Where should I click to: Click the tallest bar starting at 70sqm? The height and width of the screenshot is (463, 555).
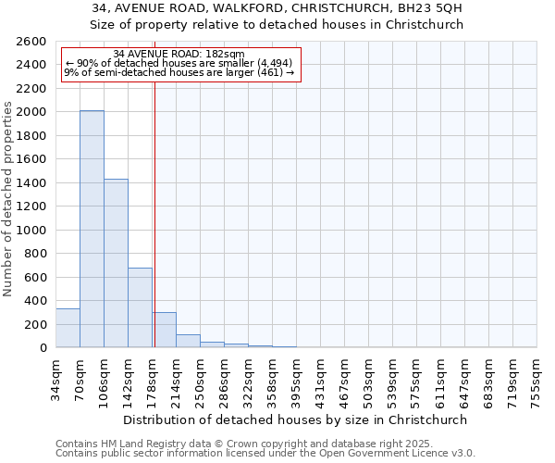click(x=92, y=229)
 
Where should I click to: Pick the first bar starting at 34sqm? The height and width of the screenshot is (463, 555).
click(x=68, y=328)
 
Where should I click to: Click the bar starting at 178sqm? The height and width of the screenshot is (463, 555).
click(x=165, y=330)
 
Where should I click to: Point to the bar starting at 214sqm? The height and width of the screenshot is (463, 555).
click(x=188, y=341)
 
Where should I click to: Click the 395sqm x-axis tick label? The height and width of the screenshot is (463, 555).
click(x=296, y=377)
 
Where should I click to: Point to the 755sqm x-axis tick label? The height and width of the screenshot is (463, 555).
click(x=536, y=377)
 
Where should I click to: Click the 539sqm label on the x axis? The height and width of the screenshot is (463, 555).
click(x=392, y=377)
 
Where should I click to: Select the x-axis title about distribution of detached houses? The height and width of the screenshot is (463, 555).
click(x=295, y=419)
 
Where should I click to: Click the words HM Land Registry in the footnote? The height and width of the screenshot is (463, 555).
click(x=128, y=444)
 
